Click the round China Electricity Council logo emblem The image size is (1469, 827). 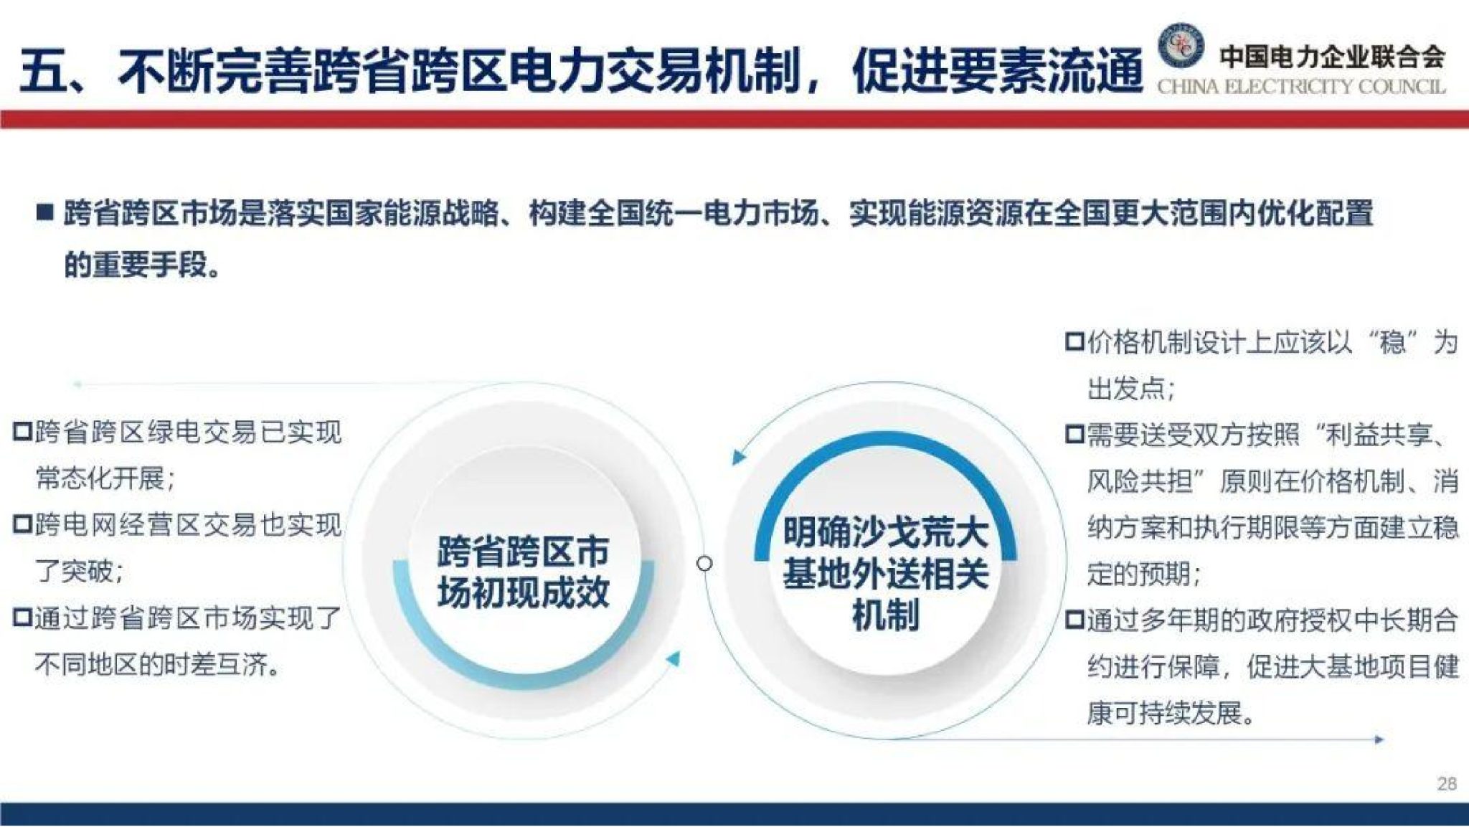pos(1180,47)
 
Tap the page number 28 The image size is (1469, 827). pos(1447,783)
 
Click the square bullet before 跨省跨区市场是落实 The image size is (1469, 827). pos(45,213)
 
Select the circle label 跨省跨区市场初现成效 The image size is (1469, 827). pos(524,572)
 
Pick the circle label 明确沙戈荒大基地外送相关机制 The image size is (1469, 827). pos(885,573)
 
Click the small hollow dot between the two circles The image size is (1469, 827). pos(705,564)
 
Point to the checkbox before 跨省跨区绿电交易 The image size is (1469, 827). pos(23,433)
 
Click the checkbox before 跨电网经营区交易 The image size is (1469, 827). pos(23,525)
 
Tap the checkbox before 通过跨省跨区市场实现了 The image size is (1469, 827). pos(23,618)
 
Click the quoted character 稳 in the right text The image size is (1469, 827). pos(1392,343)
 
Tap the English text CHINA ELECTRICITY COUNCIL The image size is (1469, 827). pos(1301,88)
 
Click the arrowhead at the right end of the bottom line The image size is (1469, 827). pos(1378,739)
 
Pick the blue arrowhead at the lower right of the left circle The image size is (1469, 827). pos(673,658)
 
